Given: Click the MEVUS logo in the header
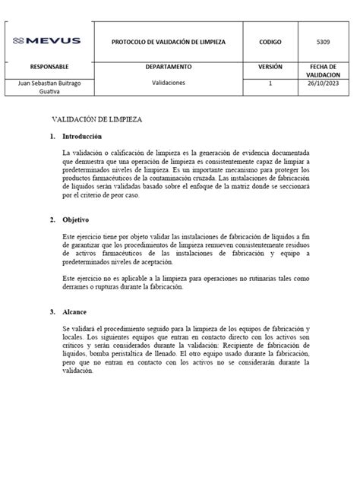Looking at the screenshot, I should click(x=47, y=40).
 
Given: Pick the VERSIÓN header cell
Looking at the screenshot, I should click(x=270, y=67).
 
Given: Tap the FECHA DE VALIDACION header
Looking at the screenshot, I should click(x=328, y=71).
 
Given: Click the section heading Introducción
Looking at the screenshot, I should click(x=87, y=137).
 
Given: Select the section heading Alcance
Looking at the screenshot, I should click(x=77, y=311).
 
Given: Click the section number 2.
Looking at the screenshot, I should click(x=52, y=220).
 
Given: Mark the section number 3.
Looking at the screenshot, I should click(x=52, y=311).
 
